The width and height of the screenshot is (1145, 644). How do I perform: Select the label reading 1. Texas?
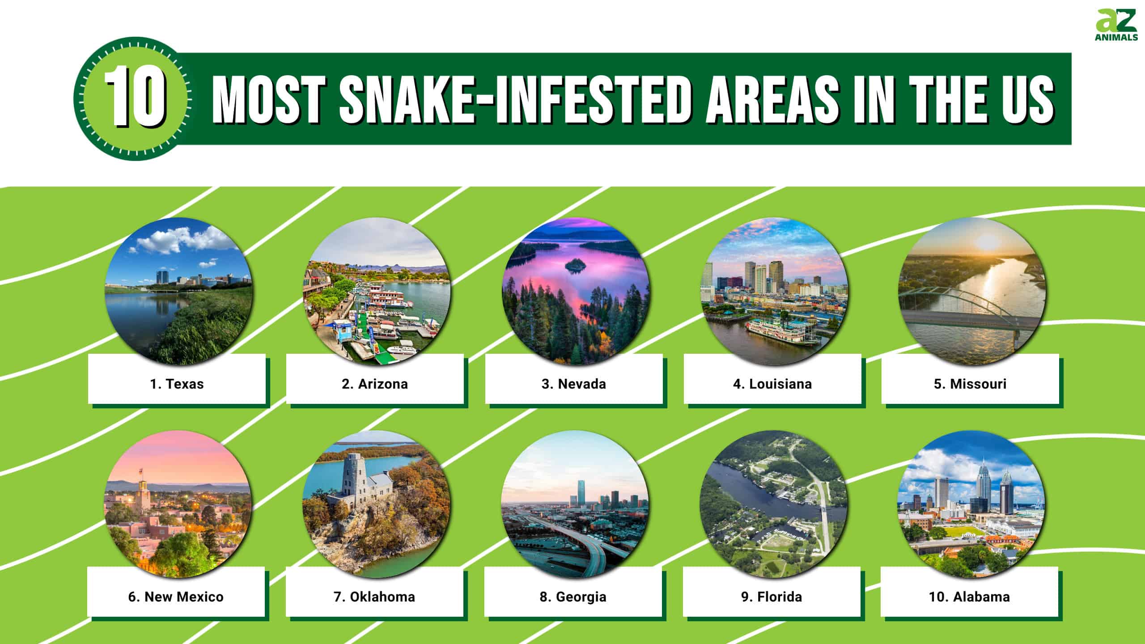click(177, 384)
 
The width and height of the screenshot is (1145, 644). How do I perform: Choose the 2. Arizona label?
click(375, 384)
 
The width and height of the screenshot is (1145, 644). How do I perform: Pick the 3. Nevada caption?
click(574, 384)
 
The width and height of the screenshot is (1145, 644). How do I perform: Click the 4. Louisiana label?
click(772, 384)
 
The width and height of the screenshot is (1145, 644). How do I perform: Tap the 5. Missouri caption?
click(970, 384)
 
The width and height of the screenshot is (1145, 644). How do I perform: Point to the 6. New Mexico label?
click(176, 597)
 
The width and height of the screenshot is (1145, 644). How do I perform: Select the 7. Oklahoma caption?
click(374, 597)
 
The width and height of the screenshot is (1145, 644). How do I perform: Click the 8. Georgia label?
click(573, 597)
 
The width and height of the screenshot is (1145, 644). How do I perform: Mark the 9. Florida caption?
click(772, 597)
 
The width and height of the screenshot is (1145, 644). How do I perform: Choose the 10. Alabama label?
click(969, 597)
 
